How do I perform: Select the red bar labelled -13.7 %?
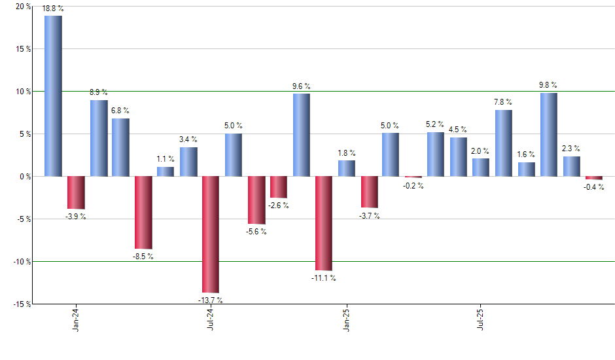(210, 234)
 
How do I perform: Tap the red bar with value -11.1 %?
(324, 223)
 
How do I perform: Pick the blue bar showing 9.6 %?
(301, 135)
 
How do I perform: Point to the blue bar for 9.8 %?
(549, 135)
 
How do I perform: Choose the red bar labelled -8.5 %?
(143, 213)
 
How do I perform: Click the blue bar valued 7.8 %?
(504, 143)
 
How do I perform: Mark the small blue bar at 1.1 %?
(166, 171)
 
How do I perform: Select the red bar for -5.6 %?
(256, 200)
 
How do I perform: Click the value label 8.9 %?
(99, 92)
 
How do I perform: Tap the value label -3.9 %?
(76, 217)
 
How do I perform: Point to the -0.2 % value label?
(413, 186)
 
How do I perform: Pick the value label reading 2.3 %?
(571, 149)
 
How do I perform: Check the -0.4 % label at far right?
(594, 188)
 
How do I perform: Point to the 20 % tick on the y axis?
(22, 7)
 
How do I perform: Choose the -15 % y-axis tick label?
(20, 304)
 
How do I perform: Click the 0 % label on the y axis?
(24, 177)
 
